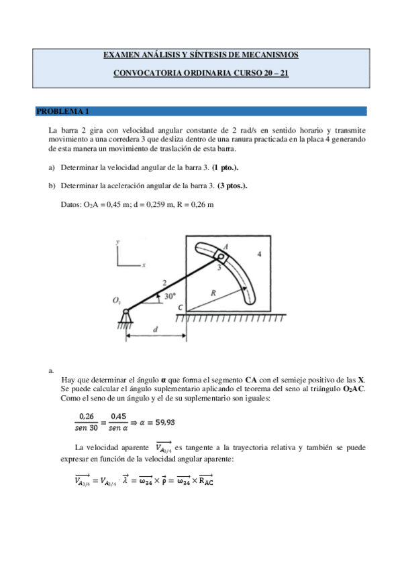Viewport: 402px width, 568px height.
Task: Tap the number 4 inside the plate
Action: pyautogui.click(x=260, y=255)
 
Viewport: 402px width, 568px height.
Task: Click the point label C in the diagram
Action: pyautogui.click(x=179, y=307)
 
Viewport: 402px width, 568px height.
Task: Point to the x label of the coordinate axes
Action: pyautogui.click(x=144, y=265)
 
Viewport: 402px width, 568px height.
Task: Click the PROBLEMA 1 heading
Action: pyautogui.click(x=62, y=111)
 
